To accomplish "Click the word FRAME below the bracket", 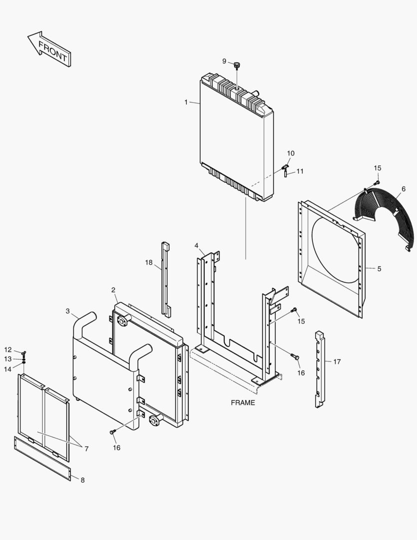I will (x=243, y=402).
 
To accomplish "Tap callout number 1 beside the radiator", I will (x=186, y=102).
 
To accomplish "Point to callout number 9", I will (x=225, y=61).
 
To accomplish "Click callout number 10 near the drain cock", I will (x=291, y=153).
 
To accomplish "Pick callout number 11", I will (x=300, y=171).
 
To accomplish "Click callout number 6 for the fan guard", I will (x=403, y=189).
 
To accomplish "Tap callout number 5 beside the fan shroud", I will (x=379, y=268).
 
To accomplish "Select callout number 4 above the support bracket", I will (x=197, y=245).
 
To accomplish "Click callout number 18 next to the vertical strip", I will (x=149, y=262).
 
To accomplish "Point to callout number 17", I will (x=337, y=361).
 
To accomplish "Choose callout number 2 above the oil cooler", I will (x=113, y=290).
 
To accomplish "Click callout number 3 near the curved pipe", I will (x=68, y=311).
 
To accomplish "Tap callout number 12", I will (x=8, y=349).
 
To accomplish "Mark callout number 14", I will (x=8, y=369).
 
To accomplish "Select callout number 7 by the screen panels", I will (x=86, y=448).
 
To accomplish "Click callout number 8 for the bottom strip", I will (x=82, y=480).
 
